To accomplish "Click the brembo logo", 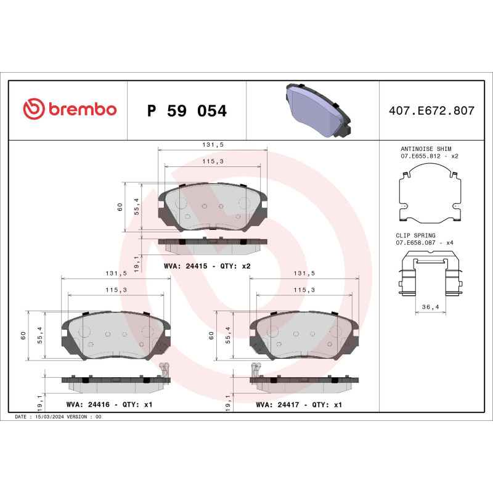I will pyautogui.click(x=70, y=110).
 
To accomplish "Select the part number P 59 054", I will pyautogui.click(x=187, y=111).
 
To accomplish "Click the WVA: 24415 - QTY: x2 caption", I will pyautogui.click(x=206, y=266).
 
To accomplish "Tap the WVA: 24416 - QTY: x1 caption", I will pyautogui.click(x=109, y=405).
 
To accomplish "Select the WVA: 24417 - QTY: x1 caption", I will pyautogui.click(x=298, y=405).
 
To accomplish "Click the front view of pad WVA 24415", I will pyautogui.click(x=213, y=206).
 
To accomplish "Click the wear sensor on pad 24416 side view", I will pyautogui.click(x=165, y=369).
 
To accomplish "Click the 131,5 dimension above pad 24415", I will pyautogui.click(x=213, y=145).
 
